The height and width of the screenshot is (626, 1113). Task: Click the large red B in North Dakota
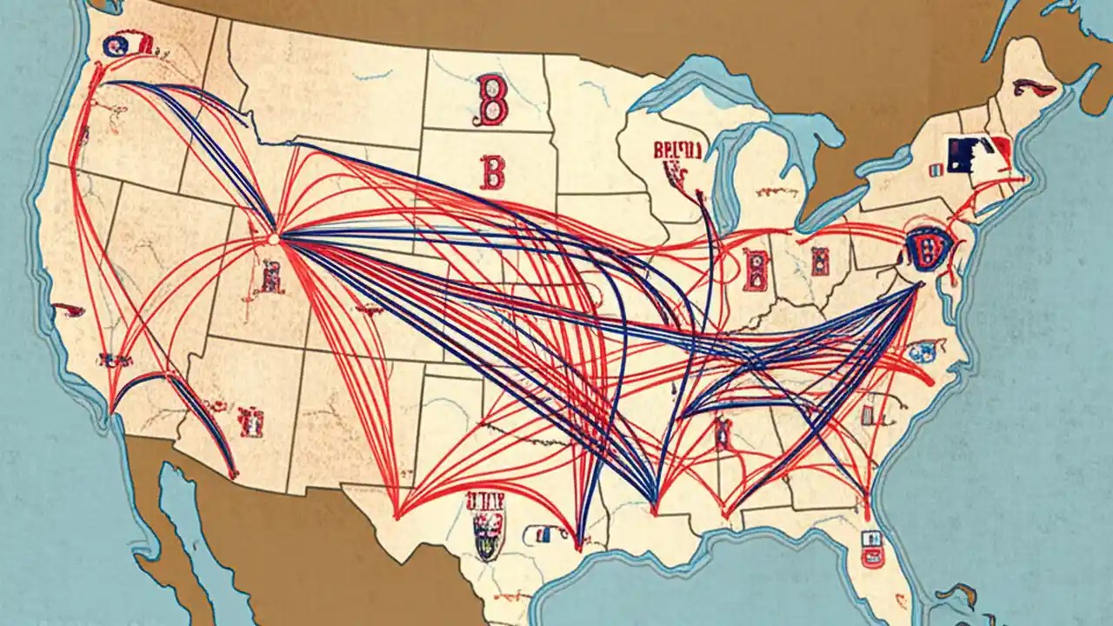pos(492,99)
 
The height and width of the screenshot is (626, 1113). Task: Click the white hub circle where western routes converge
pos(273,236)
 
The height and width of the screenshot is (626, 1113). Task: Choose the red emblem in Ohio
pos(819,260)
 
